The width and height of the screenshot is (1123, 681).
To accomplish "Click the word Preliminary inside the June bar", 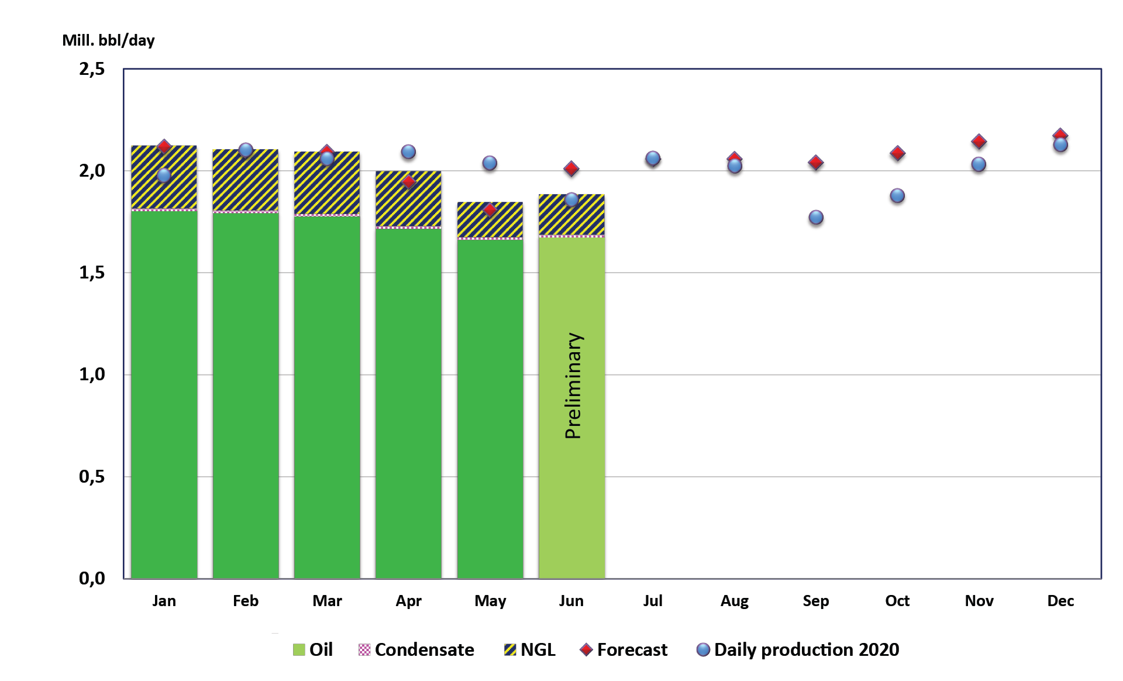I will pos(574,386).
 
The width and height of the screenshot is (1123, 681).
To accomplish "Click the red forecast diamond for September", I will pos(816,163).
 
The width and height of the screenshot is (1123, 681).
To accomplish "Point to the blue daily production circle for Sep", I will pos(816,218).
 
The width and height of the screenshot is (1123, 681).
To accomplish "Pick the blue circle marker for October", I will pos(897,196).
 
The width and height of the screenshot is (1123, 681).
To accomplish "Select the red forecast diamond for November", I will pos(979,142).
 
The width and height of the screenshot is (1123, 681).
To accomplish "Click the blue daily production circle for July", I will pos(653,159).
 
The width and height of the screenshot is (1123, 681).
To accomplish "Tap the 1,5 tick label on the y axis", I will pos(92,273).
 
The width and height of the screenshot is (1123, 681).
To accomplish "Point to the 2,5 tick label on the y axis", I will pos(92,69).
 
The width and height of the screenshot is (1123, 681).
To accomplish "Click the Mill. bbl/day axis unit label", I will pos(108,40).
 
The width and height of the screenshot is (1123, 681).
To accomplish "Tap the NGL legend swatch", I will pos(510,649).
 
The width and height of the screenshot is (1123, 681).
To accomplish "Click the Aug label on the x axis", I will pos(734,601).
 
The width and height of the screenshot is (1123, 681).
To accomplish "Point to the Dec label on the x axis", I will pos(1060,601).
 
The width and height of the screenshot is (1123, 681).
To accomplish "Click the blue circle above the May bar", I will pos(490,163).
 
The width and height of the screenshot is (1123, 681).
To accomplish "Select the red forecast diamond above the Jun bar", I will pos(571,169).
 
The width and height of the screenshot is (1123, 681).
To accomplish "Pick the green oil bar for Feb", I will pos(246,398).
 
